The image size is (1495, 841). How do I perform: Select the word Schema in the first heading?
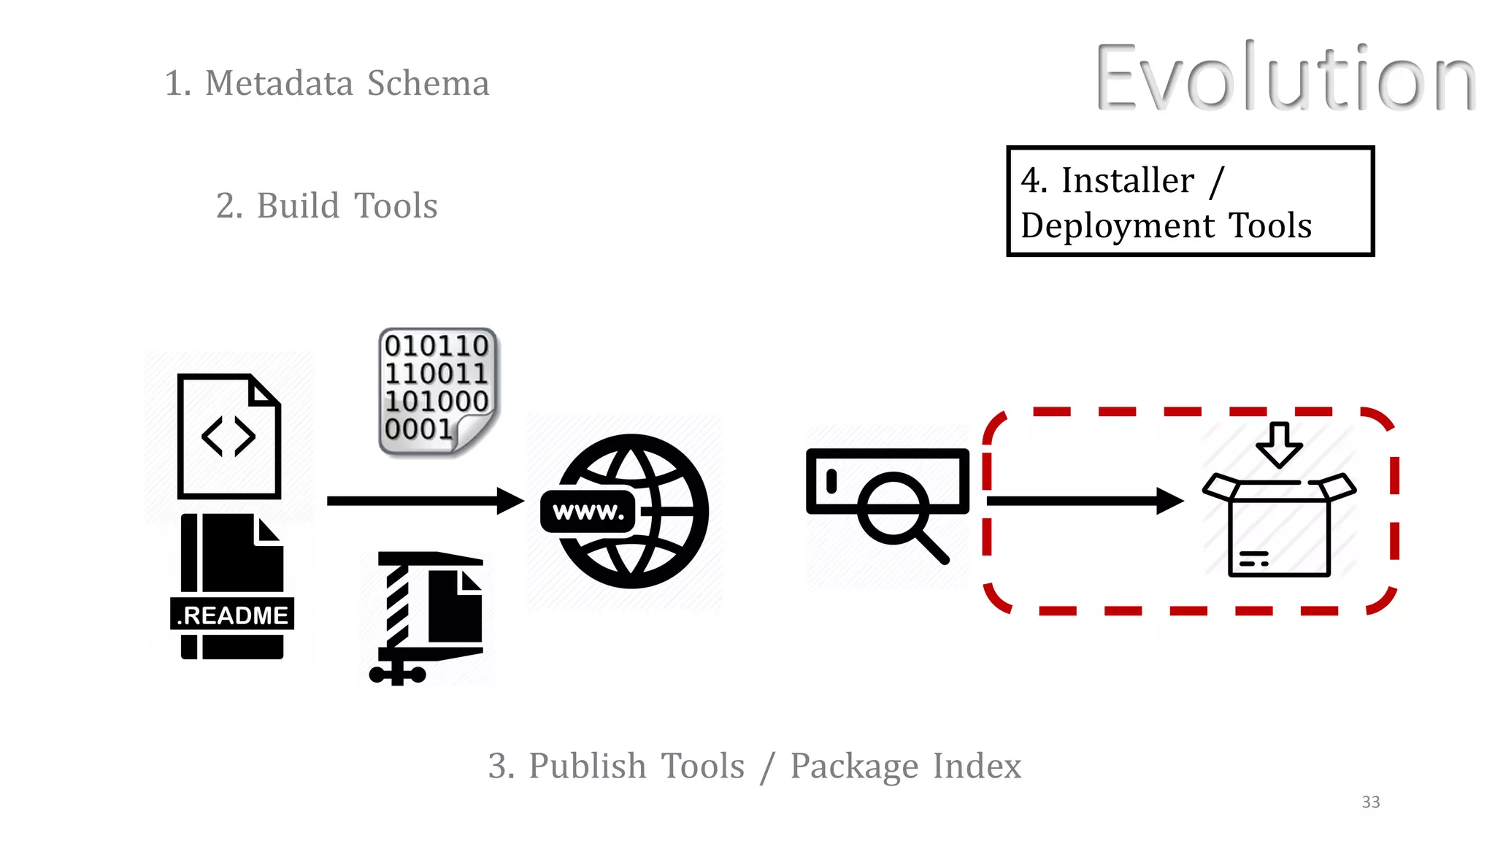coord(428,83)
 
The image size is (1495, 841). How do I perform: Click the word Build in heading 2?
coord(298,206)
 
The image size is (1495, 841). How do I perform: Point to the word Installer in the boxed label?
coord(1127,180)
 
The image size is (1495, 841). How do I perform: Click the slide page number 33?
coord(1370,802)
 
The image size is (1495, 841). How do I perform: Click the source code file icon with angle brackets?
coord(228,437)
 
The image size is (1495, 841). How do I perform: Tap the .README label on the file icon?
coord(232,615)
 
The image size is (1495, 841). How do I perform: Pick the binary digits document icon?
coord(437,391)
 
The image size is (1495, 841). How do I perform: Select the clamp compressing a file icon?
coord(427,617)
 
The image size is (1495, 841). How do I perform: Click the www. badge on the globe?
coord(588,512)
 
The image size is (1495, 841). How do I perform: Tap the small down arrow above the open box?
coord(1279,443)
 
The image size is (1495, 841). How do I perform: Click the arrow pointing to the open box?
coord(1084,501)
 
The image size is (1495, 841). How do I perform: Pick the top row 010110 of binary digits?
coord(436,345)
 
